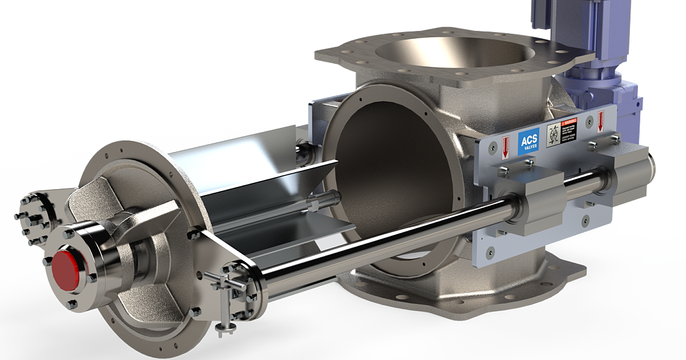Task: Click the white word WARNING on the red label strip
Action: tap(571, 122)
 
